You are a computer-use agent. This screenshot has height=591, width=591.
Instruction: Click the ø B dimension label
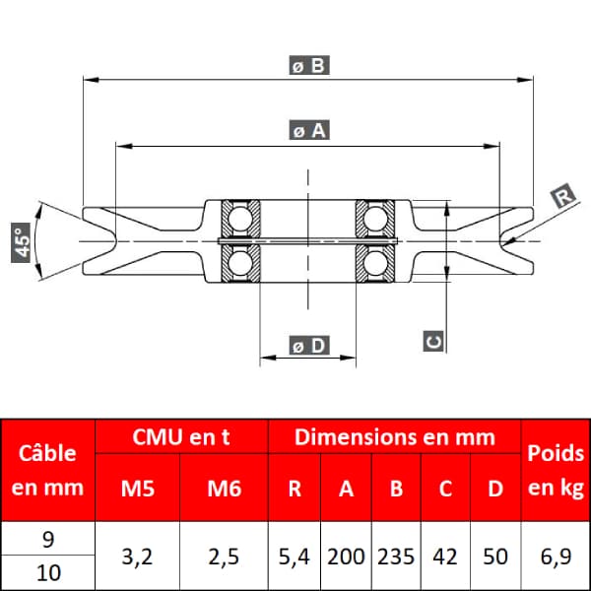click(309, 65)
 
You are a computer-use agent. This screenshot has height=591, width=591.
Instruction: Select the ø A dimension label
click(309, 130)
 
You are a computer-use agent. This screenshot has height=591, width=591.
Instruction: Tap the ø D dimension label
click(309, 346)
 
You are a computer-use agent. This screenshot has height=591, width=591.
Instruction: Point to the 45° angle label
click(21, 242)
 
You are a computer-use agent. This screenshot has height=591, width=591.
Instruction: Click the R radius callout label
click(563, 196)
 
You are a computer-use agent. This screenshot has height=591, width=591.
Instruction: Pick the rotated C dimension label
click(433, 341)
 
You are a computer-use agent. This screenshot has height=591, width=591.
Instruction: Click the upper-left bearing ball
click(240, 219)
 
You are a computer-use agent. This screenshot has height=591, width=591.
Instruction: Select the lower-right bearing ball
click(375, 263)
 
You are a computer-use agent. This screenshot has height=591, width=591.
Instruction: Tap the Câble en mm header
click(47, 470)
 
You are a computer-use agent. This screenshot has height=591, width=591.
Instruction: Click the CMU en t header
click(181, 436)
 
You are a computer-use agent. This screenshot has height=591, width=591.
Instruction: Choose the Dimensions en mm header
click(395, 436)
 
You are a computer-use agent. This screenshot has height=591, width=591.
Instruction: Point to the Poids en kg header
click(556, 470)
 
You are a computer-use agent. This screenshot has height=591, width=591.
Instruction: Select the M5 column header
click(138, 489)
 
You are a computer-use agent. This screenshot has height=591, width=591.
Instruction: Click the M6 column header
click(224, 489)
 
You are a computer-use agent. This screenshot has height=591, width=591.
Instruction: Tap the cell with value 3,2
click(137, 557)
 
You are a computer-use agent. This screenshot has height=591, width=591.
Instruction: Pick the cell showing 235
click(396, 557)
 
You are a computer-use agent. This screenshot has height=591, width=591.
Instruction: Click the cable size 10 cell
click(48, 573)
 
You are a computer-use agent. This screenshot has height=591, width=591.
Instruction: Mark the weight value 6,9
click(556, 557)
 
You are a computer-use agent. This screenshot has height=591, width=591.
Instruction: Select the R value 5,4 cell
click(294, 557)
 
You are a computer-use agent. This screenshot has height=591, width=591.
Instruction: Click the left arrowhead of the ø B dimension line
click(92, 80)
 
